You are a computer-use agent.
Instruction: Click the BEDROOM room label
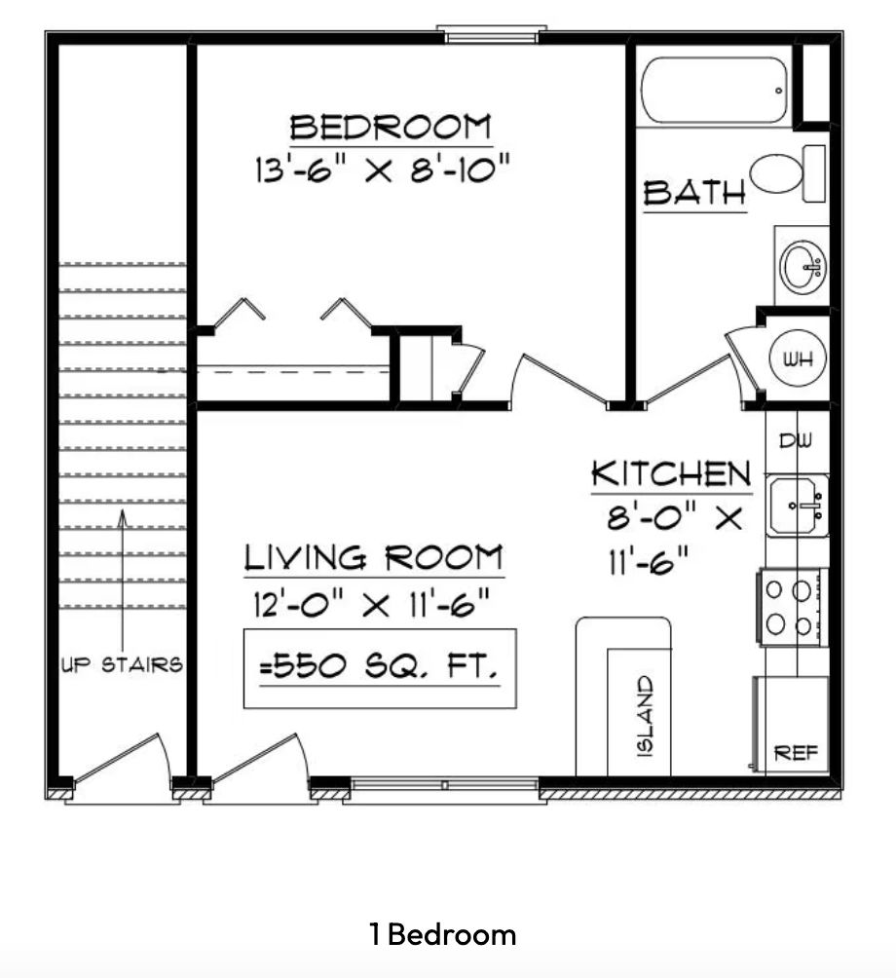pos(391,127)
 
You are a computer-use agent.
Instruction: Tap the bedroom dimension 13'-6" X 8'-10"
pos(382,169)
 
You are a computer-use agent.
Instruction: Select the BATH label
pos(694,192)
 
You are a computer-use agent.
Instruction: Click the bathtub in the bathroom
pos(714,91)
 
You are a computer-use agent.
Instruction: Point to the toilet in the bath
pos(788,173)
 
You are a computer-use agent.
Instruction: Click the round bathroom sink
pos(804,267)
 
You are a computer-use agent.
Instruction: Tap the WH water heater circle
pos(798,358)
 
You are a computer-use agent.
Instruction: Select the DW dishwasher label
pos(796,441)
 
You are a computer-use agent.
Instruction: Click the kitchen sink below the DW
pos(798,506)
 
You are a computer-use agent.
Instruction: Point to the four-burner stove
pos(793,607)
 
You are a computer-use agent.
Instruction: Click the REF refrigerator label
pos(796,753)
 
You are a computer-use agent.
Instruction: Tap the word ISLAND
pos(646,717)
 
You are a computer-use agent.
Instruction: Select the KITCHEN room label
pos(672,474)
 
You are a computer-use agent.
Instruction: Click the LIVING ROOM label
pos(373,557)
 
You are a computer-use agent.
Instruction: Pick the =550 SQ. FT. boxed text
pos(380,667)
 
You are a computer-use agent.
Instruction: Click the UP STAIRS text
pos(122,665)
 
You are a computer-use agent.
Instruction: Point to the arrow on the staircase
pos(122,580)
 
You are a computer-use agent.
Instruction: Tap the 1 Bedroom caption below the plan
pos(443,935)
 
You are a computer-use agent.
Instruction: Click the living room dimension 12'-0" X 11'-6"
pos(372,604)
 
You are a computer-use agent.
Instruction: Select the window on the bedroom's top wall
pos(491,35)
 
